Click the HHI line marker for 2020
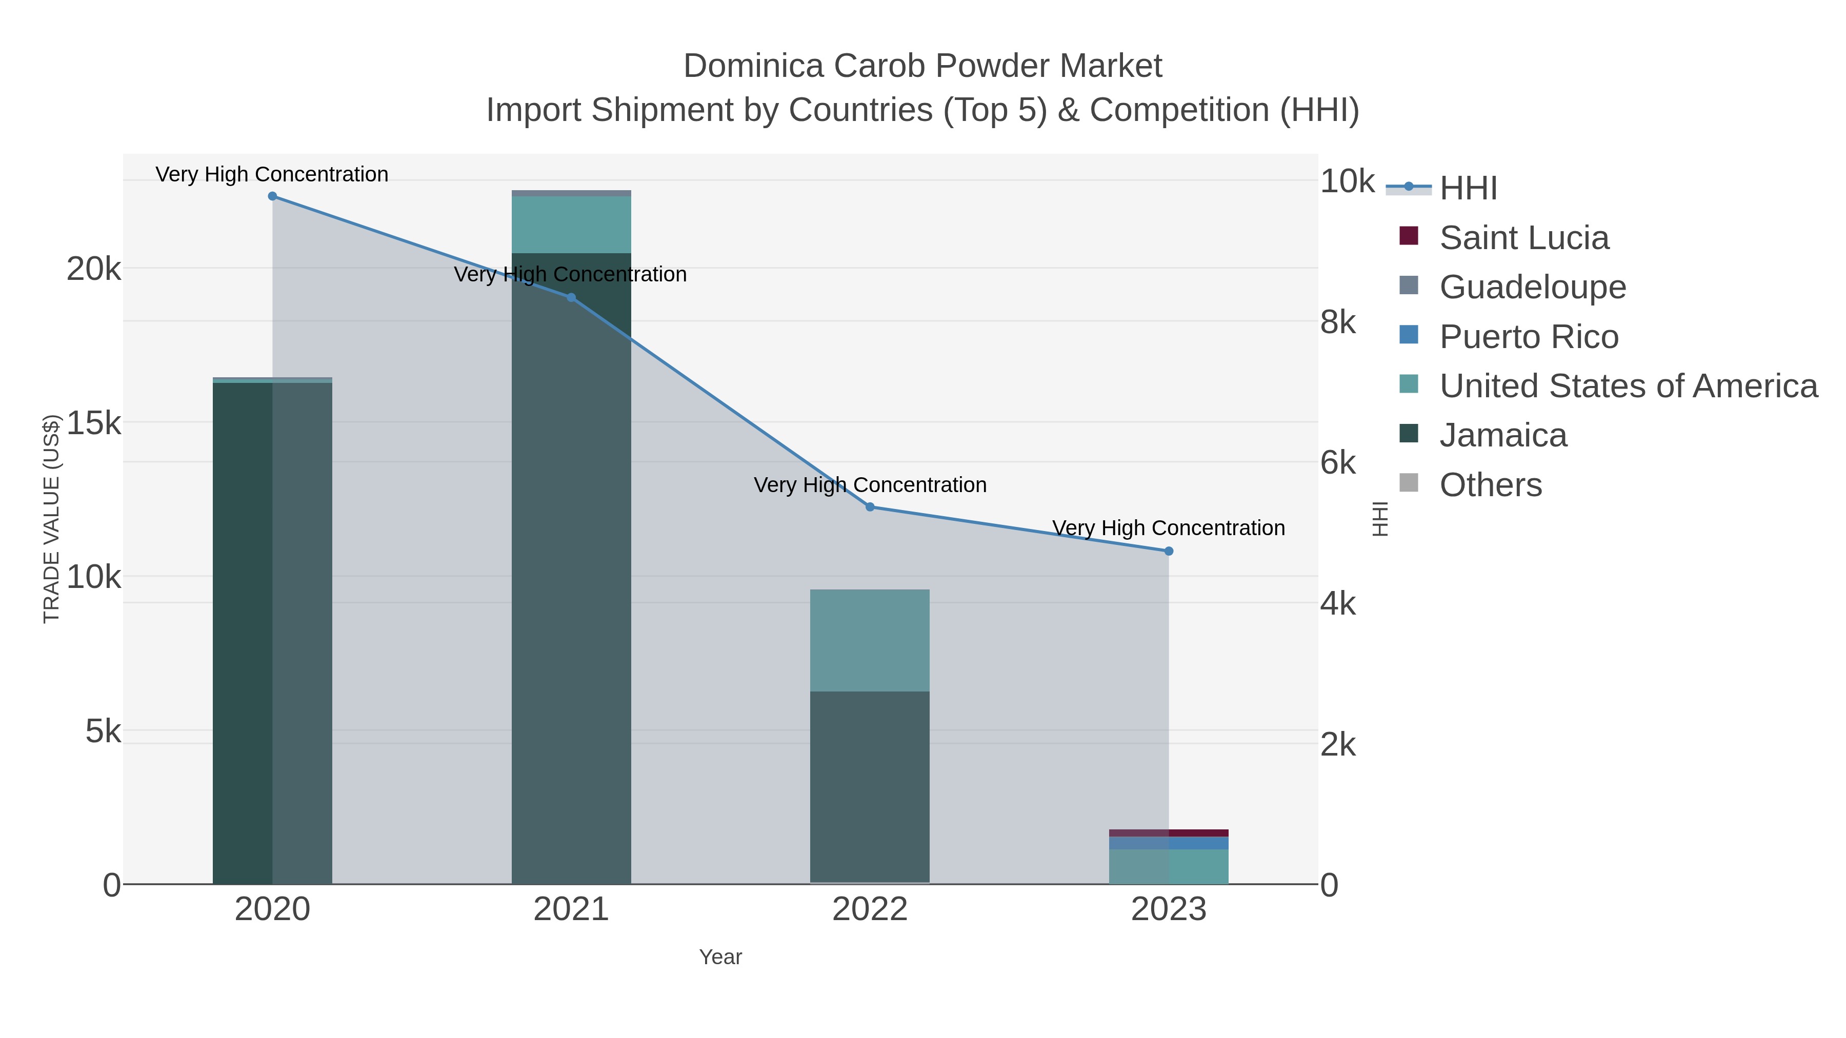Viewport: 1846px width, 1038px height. point(272,196)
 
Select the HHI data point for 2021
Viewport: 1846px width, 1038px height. point(571,298)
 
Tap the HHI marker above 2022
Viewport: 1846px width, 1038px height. point(870,507)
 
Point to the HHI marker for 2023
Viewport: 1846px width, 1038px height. point(1169,552)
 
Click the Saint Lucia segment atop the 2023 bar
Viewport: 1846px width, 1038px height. point(1169,833)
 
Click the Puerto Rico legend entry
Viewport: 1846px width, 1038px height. point(1529,337)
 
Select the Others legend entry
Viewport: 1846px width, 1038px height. point(1491,485)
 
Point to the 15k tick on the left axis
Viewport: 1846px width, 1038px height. point(94,423)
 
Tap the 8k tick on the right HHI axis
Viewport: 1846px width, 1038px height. point(1338,322)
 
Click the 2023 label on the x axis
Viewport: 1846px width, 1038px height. point(1169,910)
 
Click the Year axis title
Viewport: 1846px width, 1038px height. point(720,957)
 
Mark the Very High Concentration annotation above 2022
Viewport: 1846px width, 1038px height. point(870,485)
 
